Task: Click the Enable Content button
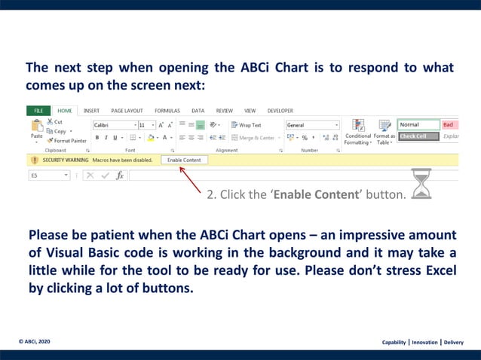pyautogui.click(x=184, y=160)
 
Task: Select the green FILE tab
pyautogui.click(x=38, y=111)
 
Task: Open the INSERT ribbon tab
pyautogui.click(x=91, y=111)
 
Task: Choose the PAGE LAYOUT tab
pyautogui.click(x=127, y=111)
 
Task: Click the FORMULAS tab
pyautogui.click(x=167, y=111)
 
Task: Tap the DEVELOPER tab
pyautogui.click(x=280, y=111)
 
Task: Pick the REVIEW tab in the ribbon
pyautogui.click(x=224, y=111)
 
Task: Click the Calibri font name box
pyautogui.click(x=113, y=125)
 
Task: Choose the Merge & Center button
pyautogui.click(x=255, y=138)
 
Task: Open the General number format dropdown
pyautogui.click(x=313, y=125)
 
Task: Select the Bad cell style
pyautogui.click(x=449, y=125)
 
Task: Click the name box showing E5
pyautogui.click(x=49, y=175)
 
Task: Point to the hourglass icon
pyautogui.click(x=421, y=185)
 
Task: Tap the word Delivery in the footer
pyautogui.click(x=453, y=342)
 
